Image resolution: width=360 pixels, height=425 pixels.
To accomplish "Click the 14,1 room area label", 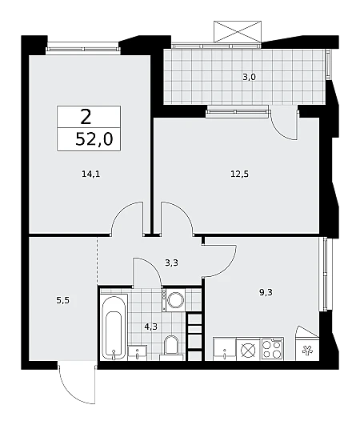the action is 90,174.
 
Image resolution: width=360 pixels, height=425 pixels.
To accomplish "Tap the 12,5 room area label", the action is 239,174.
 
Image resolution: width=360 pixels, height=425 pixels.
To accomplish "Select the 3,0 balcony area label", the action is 249,78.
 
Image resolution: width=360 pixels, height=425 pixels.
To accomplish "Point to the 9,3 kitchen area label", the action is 266,292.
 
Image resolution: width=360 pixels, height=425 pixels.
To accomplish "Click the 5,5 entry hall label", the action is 63,300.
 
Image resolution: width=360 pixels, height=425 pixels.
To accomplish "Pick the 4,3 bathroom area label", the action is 150,327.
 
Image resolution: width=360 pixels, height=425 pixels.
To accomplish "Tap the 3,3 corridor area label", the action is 171,263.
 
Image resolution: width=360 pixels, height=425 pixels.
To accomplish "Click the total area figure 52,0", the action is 94,140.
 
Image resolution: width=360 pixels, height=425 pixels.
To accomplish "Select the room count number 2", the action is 86,117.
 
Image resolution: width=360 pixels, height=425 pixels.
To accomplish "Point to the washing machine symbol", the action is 175,300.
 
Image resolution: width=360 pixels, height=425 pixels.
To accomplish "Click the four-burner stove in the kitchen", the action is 272,349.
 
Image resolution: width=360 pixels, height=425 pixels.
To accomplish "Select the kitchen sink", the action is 225,349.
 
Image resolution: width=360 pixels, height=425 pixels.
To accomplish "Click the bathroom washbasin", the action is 138,353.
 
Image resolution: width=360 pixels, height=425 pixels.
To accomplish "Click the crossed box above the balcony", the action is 238,32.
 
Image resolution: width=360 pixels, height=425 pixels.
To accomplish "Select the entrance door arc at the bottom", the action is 76,384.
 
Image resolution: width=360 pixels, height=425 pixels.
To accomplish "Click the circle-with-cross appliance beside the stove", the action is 248,349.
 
